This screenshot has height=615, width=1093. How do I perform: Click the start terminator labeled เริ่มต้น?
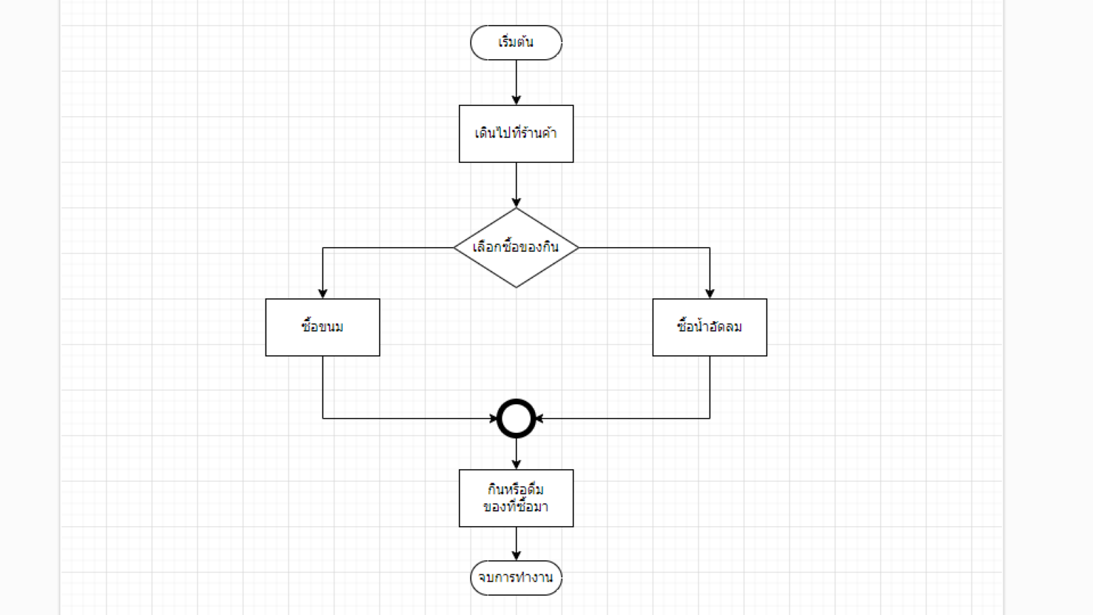[x=516, y=43]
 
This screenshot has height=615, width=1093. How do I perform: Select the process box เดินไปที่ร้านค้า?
[x=516, y=134]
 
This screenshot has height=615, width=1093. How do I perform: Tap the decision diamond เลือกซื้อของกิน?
[x=516, y=248]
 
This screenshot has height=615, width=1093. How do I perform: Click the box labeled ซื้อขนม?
[x=322, y=327]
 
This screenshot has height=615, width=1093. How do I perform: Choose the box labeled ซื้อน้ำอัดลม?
[x=709, y=327]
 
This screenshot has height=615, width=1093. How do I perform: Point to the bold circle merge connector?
[x=516, y=419]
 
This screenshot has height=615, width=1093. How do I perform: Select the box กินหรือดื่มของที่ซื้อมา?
[x=516, y=498]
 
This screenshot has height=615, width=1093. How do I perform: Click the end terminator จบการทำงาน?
[x=516, y=578]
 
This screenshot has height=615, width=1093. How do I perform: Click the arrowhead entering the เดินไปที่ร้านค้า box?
[x=516, y=100]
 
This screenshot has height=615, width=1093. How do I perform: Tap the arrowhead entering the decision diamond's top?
[x=516, y=203]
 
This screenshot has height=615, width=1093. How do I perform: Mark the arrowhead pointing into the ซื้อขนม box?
[x=322, y=293]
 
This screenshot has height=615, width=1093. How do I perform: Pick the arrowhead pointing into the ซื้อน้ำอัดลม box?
[x=709, y=293]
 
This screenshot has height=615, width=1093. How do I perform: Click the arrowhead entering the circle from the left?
[x=493, y=419]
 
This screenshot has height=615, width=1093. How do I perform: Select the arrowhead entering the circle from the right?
[x=539, y=419]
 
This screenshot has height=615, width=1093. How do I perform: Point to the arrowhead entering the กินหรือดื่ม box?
[x=516, y=464]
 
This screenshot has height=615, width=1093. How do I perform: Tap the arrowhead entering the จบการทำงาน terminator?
[x=516, y=555]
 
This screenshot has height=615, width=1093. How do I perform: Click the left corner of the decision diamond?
[x=455, y=248]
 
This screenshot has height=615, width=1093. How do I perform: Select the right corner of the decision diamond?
[x=578, y=248]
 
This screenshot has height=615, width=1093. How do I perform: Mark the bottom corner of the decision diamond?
[x=516, y=287]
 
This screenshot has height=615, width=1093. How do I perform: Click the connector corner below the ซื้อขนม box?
[x=322, y=419]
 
